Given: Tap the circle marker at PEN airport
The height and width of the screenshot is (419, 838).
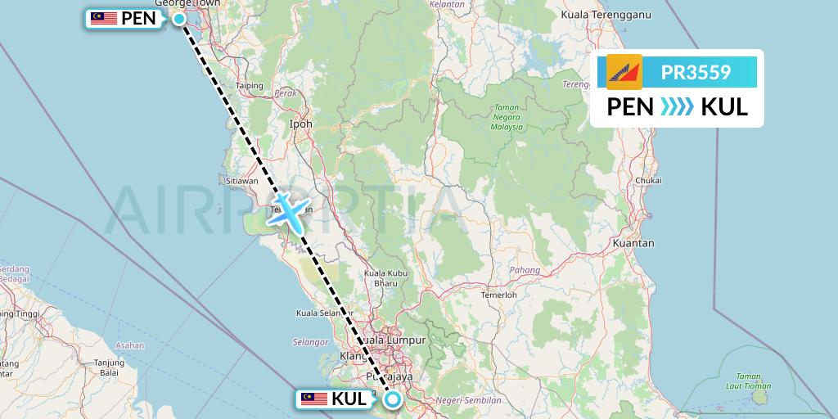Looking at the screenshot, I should (x=178, y=17).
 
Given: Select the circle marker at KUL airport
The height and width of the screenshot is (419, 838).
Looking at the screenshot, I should (x=393, y=399).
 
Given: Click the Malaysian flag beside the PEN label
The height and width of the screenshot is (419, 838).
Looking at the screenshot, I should (x=103, y=18).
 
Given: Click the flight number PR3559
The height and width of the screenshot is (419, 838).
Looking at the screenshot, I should (x=696, y=73).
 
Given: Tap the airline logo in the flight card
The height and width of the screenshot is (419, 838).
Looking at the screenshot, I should (x=624, y=72).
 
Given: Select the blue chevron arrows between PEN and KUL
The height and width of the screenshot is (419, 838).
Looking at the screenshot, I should (x=677, y=107).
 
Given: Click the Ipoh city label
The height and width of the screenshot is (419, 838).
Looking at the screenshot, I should (x=302, y=124).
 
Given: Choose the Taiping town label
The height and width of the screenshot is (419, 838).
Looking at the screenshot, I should (x=249, y=85).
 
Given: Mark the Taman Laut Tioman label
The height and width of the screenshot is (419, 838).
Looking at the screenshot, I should (x=749, y=381).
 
